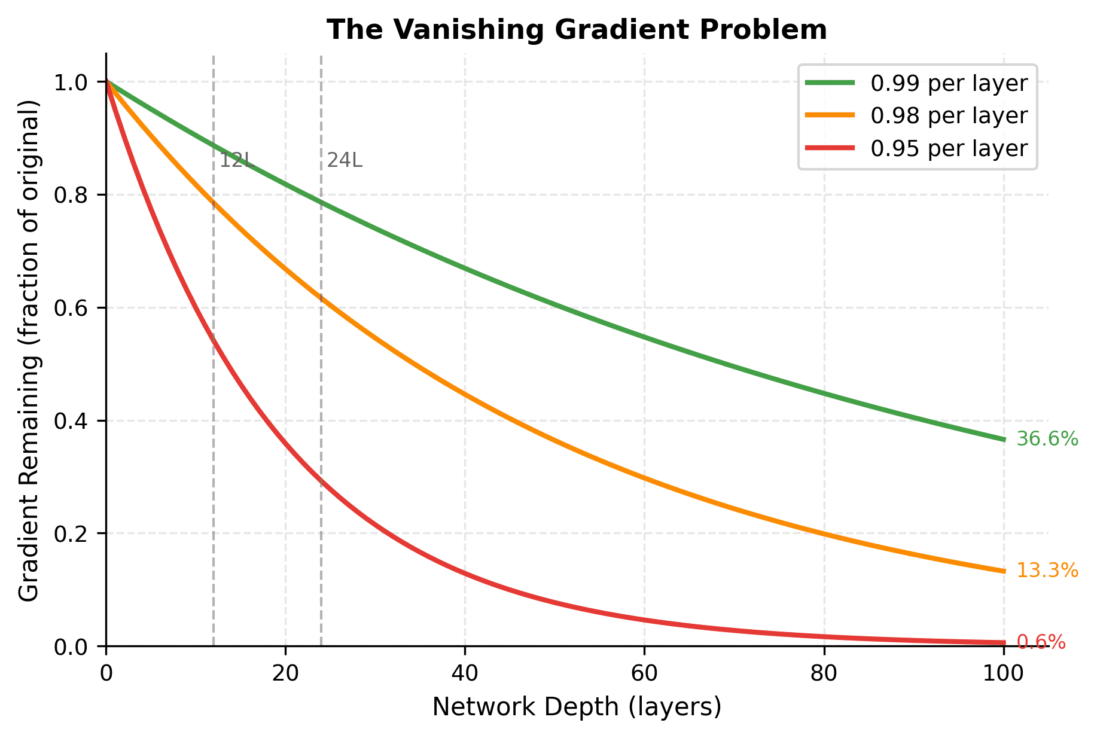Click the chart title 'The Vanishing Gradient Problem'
[577, 31]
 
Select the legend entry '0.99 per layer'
[949, 84]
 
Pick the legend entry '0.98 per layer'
[949, 116]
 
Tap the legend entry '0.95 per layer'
[949, 148]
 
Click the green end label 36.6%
[1047, 440]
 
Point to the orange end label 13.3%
[1047, 571]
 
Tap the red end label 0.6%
[1041, 642]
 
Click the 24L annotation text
[345, 161]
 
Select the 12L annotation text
[236, 161]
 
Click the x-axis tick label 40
[465, 673]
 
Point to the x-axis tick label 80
[824, 673]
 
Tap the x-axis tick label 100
[1003, 673]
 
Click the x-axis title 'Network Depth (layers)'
[577, 707]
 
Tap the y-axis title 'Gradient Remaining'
[29, 350]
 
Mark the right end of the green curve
[1003, 440]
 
